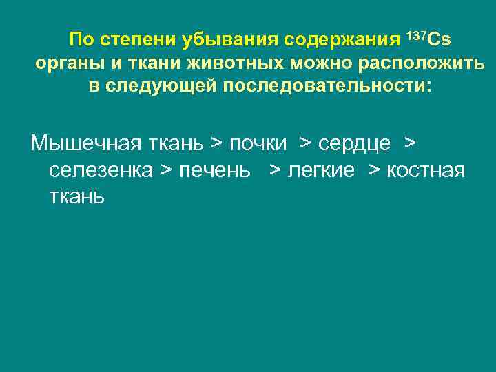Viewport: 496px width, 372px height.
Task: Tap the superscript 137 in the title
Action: coord(417,34)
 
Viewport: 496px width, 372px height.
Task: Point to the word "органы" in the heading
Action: coord(64,64)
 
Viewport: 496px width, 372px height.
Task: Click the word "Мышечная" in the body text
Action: coord(83,143)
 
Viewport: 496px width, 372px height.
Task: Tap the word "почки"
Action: coord(258,144)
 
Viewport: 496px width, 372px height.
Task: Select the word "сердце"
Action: coord(354,144)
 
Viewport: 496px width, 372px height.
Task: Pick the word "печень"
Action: coord(215,170)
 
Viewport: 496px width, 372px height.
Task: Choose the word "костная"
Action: coord(426,170)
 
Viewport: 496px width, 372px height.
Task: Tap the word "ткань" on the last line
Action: coord(77,196)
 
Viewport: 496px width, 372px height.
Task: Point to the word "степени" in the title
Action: coord(142,39)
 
